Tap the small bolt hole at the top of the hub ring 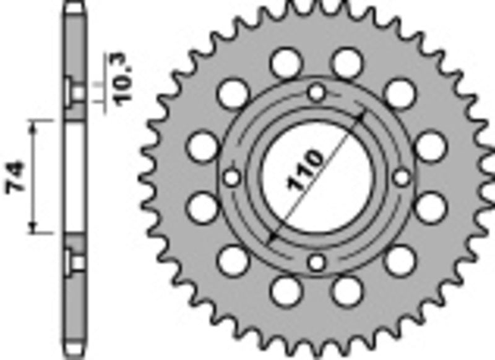(317, 93)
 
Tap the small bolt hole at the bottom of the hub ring (317, 263)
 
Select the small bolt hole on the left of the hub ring (232, 178)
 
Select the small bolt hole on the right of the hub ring (402, 178)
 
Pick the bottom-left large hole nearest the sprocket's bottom (285, 290)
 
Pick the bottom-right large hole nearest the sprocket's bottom (348, 290)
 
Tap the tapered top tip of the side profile (74, 6)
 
